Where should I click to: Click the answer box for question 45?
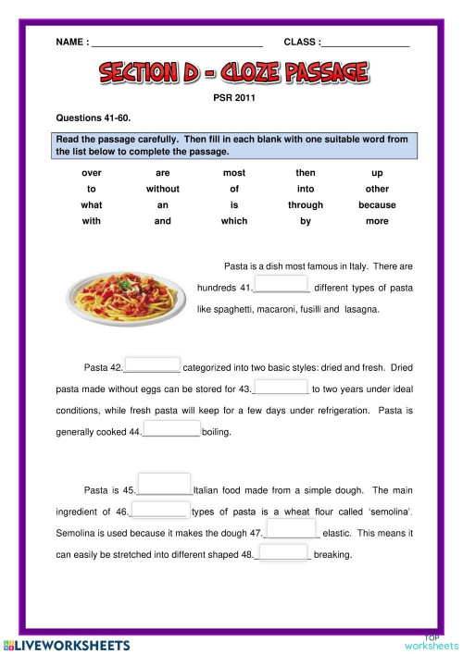pos(164,484)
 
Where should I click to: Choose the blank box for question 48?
pos(282,552)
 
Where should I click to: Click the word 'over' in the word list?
pos(92,173)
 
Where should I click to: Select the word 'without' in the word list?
pos(163,189)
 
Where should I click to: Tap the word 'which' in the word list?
pos(234,221)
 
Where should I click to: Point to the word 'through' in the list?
pos(306,205)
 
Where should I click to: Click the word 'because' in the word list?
pos(377,205)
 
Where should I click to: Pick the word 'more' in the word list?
pos(377,221)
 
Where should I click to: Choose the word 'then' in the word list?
pos(306,173)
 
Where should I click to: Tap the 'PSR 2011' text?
pos(232,95)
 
